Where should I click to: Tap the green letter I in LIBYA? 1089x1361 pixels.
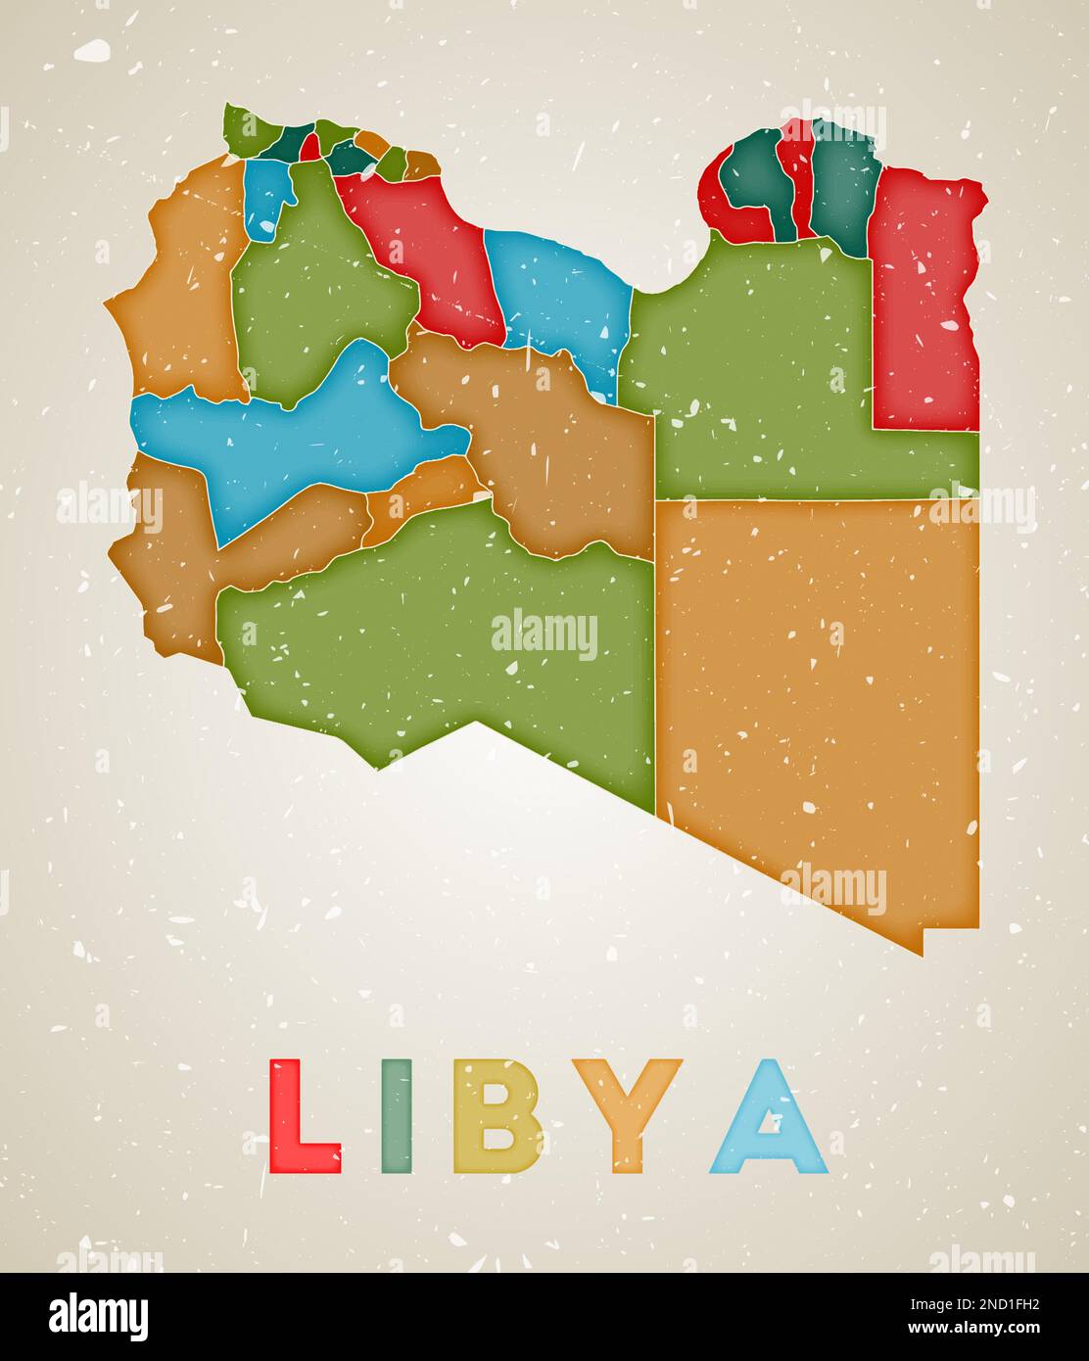(396, 1115)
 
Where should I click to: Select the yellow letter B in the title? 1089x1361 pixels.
(497, 1116)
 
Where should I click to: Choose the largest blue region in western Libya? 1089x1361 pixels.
(294, 431)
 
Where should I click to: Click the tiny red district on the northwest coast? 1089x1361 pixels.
(310, 147)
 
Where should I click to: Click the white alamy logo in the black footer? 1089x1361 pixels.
(98, 1317)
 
